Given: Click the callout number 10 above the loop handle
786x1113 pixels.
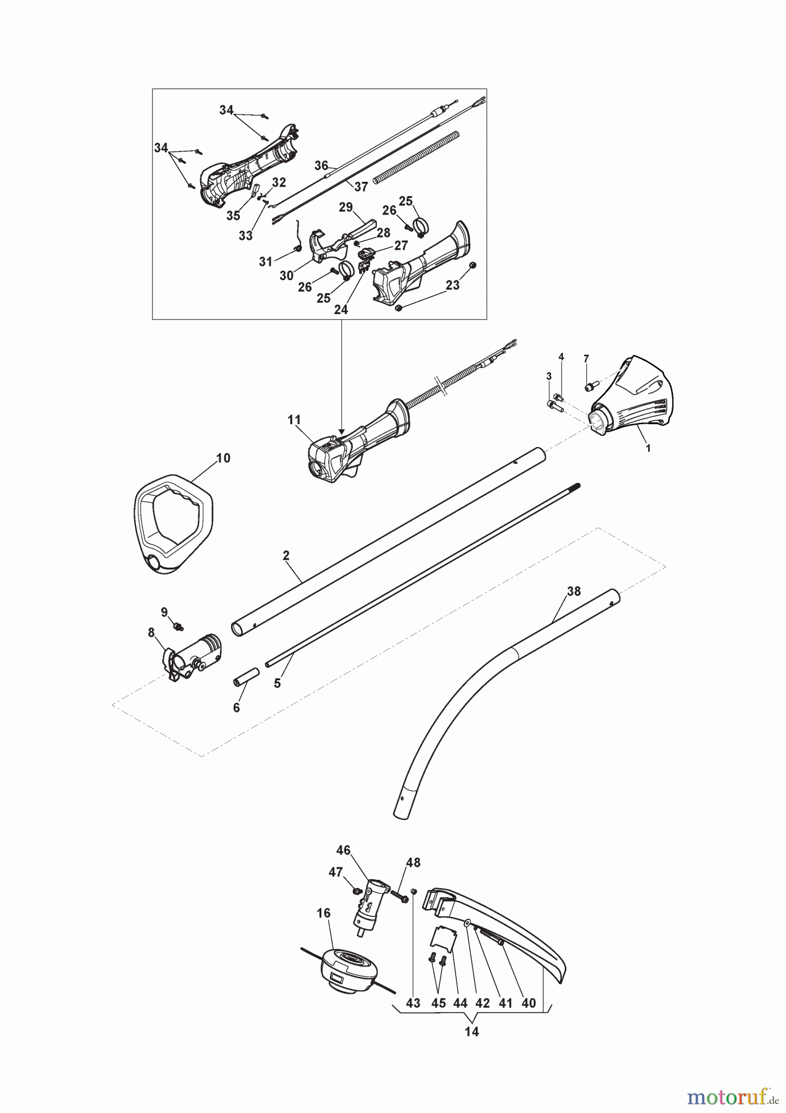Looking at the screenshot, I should tap(223, 458).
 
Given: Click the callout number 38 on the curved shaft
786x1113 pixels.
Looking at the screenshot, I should tap(573, 591).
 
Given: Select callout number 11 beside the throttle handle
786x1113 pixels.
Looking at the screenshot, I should tap(294, 420).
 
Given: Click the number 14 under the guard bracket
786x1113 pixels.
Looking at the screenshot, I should tap(471, 1031).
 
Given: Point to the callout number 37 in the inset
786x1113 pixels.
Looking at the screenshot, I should tap(361, 186).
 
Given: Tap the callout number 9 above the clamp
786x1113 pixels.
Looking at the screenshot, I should tap(164, 612).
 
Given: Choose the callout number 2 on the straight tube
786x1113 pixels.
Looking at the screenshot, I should tap(286, 555).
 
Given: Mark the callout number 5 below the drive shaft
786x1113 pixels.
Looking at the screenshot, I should tap(277, 683).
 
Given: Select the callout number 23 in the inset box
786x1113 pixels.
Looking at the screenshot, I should tap(453, 285).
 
